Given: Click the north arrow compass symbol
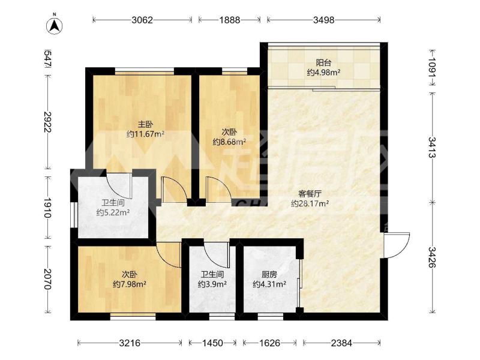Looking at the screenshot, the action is pos(55,26).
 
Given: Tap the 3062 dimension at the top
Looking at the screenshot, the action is pos(142,20).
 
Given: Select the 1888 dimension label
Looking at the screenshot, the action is pos(230,20).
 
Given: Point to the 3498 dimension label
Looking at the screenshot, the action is pos(324,20).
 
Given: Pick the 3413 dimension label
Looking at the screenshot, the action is pos(432,147).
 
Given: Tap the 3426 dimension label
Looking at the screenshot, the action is pos(432,257).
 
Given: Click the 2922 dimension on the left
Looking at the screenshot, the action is pos(47,122).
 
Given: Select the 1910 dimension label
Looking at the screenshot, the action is pos(47,208).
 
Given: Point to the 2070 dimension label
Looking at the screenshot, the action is pos(47,279).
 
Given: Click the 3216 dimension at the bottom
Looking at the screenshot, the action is pos(130,343).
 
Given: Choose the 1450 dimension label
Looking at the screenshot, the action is pos(212,343).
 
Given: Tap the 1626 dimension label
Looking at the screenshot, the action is pos(269,343).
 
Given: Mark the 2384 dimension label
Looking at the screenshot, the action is pos(341,343).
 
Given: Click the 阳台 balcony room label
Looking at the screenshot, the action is pos(323,63).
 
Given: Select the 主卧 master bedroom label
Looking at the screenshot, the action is pos(145,124).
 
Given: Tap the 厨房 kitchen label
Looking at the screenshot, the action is pos(269,275).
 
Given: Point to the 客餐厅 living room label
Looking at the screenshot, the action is pos(310,194).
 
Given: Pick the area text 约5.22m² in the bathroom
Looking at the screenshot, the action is pos(113,212).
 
